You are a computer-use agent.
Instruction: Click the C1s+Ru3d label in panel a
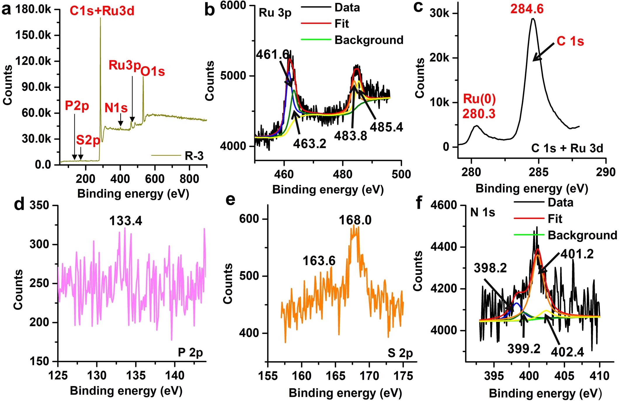point(102,11)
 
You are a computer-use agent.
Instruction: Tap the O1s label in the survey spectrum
point(153,71)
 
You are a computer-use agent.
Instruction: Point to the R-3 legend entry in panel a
point(194,156)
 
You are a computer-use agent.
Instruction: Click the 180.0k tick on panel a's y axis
point(33,10)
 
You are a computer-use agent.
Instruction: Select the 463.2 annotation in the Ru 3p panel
point(309,143)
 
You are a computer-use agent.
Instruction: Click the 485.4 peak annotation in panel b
point(386,127)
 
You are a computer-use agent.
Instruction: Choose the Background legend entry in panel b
point(369,40)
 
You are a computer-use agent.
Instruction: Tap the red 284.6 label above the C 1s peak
point(527,9)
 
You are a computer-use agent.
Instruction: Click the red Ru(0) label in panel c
point(479,99)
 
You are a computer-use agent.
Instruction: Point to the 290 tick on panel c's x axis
point(606,172)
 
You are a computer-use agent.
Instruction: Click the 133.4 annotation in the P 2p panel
point(126,221)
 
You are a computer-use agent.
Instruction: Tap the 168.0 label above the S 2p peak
point(355,220)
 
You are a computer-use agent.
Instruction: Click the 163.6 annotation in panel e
point(319,261)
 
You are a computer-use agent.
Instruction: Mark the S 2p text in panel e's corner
point(400,353)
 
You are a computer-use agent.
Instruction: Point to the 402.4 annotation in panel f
point(567,352)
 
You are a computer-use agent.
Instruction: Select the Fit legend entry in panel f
point(555,219)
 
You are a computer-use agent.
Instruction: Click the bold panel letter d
point(19,204)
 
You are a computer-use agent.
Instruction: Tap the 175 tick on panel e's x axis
point(403,376)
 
